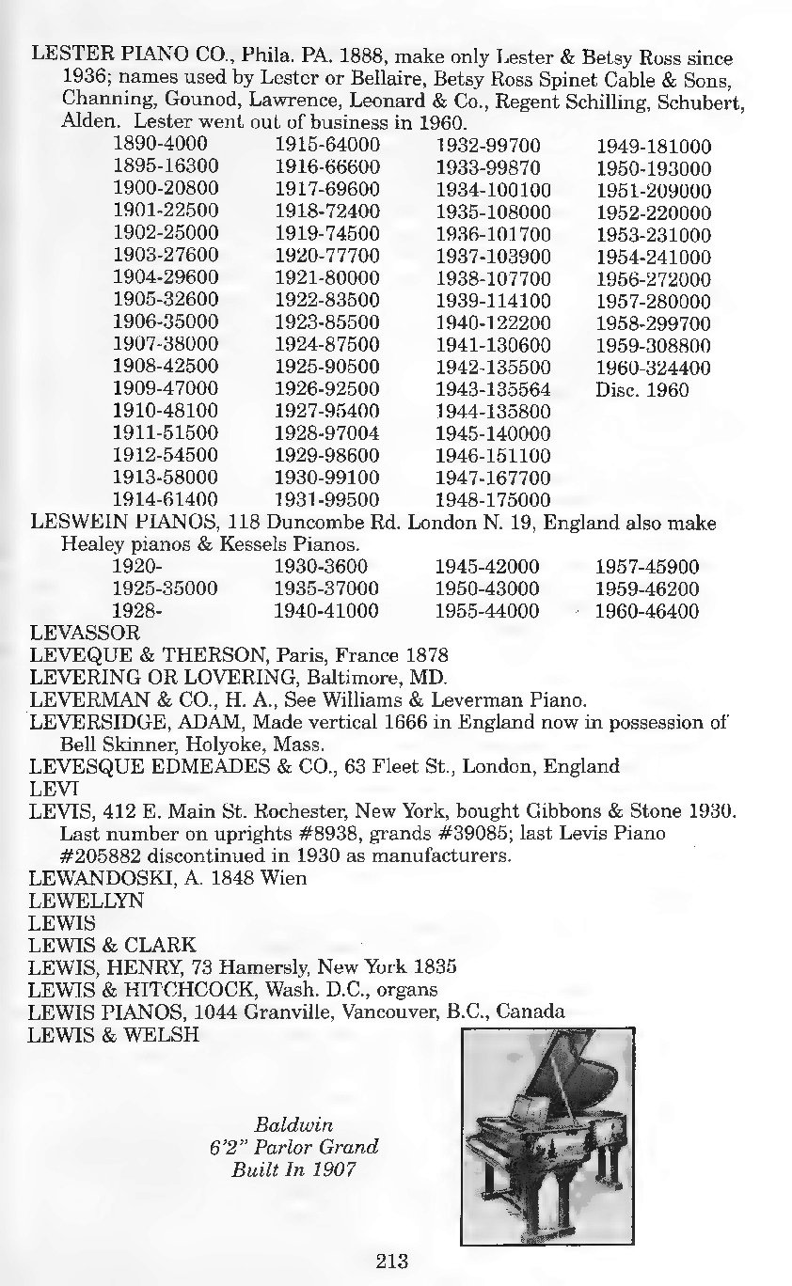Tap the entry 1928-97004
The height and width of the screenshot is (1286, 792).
tap(326, 432)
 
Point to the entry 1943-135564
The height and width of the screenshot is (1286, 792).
tap(493, 389)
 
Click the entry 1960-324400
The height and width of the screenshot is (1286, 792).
tap(654, 368)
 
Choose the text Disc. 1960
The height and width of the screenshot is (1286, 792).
tap(642, 389)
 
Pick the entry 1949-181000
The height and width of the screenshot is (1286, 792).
tap(654, 147)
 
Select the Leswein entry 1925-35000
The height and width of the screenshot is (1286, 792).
tap(165, 589)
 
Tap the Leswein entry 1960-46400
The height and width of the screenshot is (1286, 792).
tap(647, 612)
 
